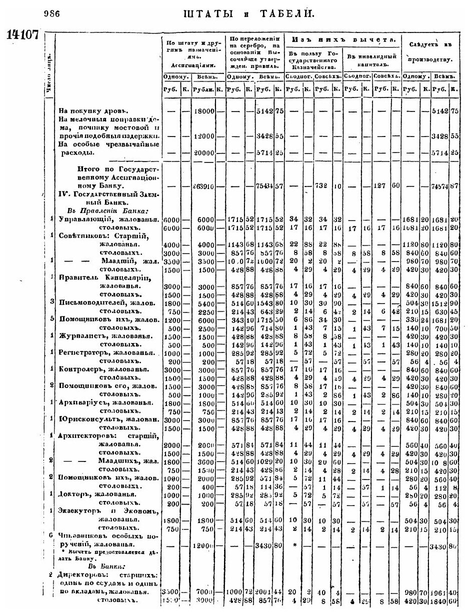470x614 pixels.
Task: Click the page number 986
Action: tap(52, 14)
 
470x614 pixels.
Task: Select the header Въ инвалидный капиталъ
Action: tap(373, 60)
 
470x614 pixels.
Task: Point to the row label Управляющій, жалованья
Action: tap(108, 219)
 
